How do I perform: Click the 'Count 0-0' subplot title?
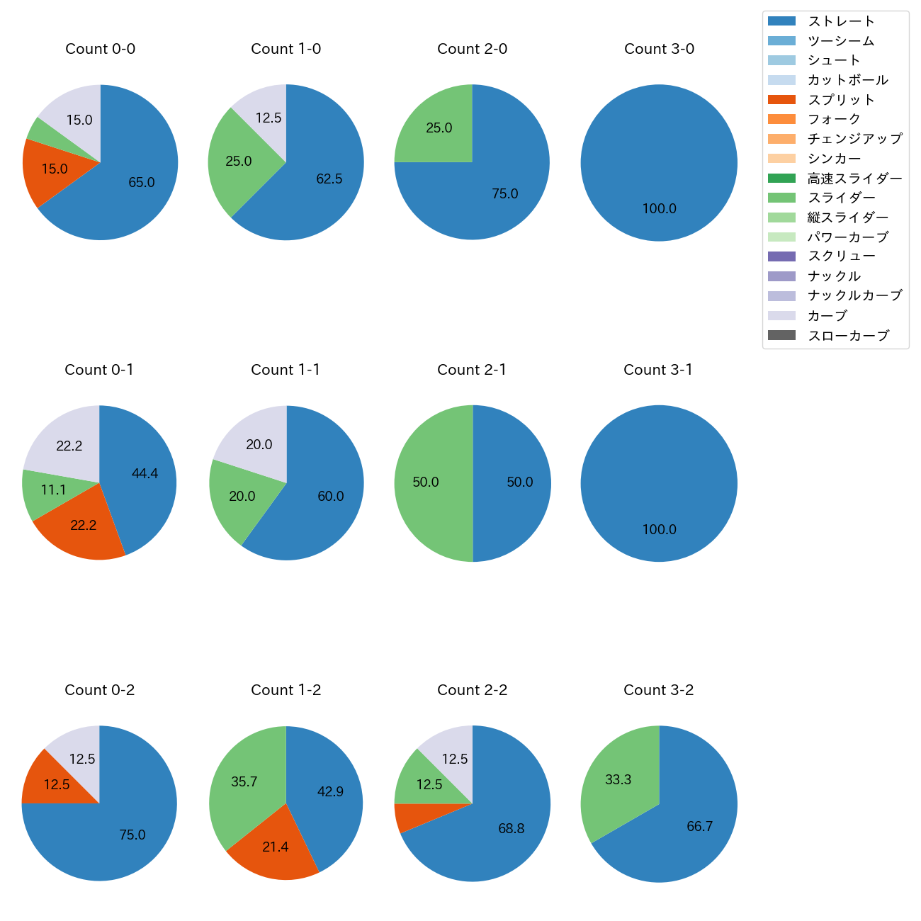pyautogui.click(x=100, y=49)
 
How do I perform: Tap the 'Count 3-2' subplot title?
pyautogui.click(x=658, y=690)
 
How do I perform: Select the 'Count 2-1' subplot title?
pyautogui.click(x=472, y=370)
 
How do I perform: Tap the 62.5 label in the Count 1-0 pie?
pyautogui.click(x=329, y=179)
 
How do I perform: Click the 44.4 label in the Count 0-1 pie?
pyautogui.click(x=145, y=473)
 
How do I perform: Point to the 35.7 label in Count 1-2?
pyautogui.click(x=244, y=782)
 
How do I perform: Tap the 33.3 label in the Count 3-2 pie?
pyautogui.click(x=618, y=779)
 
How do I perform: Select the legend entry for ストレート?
pyautogui.click(x=841, y=21)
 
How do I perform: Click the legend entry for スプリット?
pyautogui.click(x=841, y=100)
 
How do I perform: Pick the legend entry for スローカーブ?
pyautogui.click(x=848, y=336)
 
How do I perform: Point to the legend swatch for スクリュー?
pyautogui.click(x=782, y=256)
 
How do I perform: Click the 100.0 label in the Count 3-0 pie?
pyautogui.click(x=659, y=208)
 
